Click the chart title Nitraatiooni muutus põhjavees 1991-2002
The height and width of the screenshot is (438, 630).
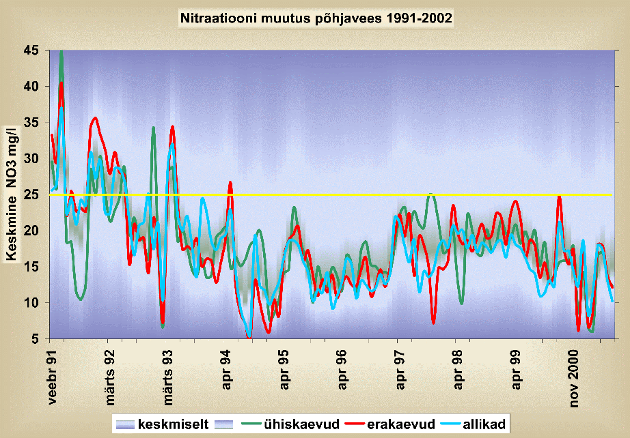coord(316,18)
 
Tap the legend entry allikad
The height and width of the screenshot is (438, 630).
coord(483,424)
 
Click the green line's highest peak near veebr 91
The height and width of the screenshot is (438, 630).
coord(61,52)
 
